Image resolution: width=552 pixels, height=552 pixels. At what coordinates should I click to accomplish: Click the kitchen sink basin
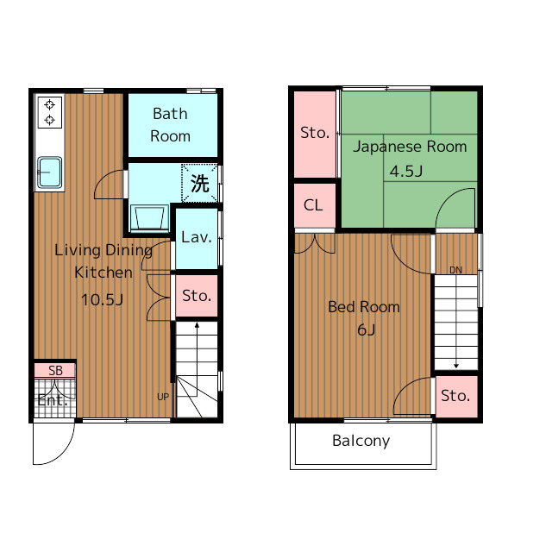point(50,172)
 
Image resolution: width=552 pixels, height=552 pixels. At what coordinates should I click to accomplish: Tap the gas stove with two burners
point(50,112)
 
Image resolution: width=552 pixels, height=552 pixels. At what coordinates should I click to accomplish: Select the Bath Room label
point(171,125)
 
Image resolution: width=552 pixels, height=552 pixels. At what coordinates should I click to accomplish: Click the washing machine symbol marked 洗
point(199,183)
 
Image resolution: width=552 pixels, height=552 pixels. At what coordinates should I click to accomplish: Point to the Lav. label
point(197,237)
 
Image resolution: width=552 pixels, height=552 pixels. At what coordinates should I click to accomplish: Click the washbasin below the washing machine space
point(149,218)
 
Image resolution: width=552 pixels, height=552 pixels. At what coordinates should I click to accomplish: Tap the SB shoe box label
point(55,371)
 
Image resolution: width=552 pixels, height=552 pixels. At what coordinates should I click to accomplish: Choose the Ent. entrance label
point(53,400)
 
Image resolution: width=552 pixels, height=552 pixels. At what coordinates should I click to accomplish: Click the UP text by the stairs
point(163,397)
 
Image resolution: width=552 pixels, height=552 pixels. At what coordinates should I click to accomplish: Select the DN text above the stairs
point(456,270)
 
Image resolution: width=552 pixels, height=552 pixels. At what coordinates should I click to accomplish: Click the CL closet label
point(313,205)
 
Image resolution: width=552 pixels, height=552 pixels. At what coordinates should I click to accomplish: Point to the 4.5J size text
point(406,172)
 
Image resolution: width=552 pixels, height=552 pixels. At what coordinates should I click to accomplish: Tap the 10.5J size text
point(102,300)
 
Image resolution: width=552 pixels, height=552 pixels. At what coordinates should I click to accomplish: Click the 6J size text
point(366,329)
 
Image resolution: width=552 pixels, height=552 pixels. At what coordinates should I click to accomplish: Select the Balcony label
point(361,441)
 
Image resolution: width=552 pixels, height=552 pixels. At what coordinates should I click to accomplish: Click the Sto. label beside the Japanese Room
point(315,133)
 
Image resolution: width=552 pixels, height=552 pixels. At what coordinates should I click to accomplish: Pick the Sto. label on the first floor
point(197,296)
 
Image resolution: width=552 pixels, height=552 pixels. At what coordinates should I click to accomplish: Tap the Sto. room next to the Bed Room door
point(456,397)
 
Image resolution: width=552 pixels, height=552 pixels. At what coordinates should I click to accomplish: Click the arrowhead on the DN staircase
point(456,366)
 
